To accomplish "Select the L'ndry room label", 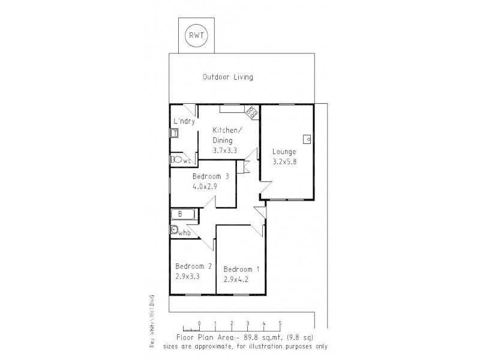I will [x=184, y=121].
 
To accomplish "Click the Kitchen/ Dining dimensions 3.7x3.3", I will [x=225, y=151].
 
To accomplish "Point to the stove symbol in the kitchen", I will [x=251, y=110].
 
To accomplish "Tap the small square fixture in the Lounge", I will [x=307, y=139].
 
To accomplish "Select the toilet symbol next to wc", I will [x=176, y=160].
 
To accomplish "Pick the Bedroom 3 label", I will [x=211, y=176].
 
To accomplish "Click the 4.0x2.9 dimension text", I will [x=205, y=187].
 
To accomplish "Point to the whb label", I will [x=184, y=232].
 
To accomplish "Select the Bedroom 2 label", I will [x=193, y=266].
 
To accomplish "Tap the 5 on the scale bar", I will [x=280, y=323].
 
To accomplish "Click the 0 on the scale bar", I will [x=199, y=323].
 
